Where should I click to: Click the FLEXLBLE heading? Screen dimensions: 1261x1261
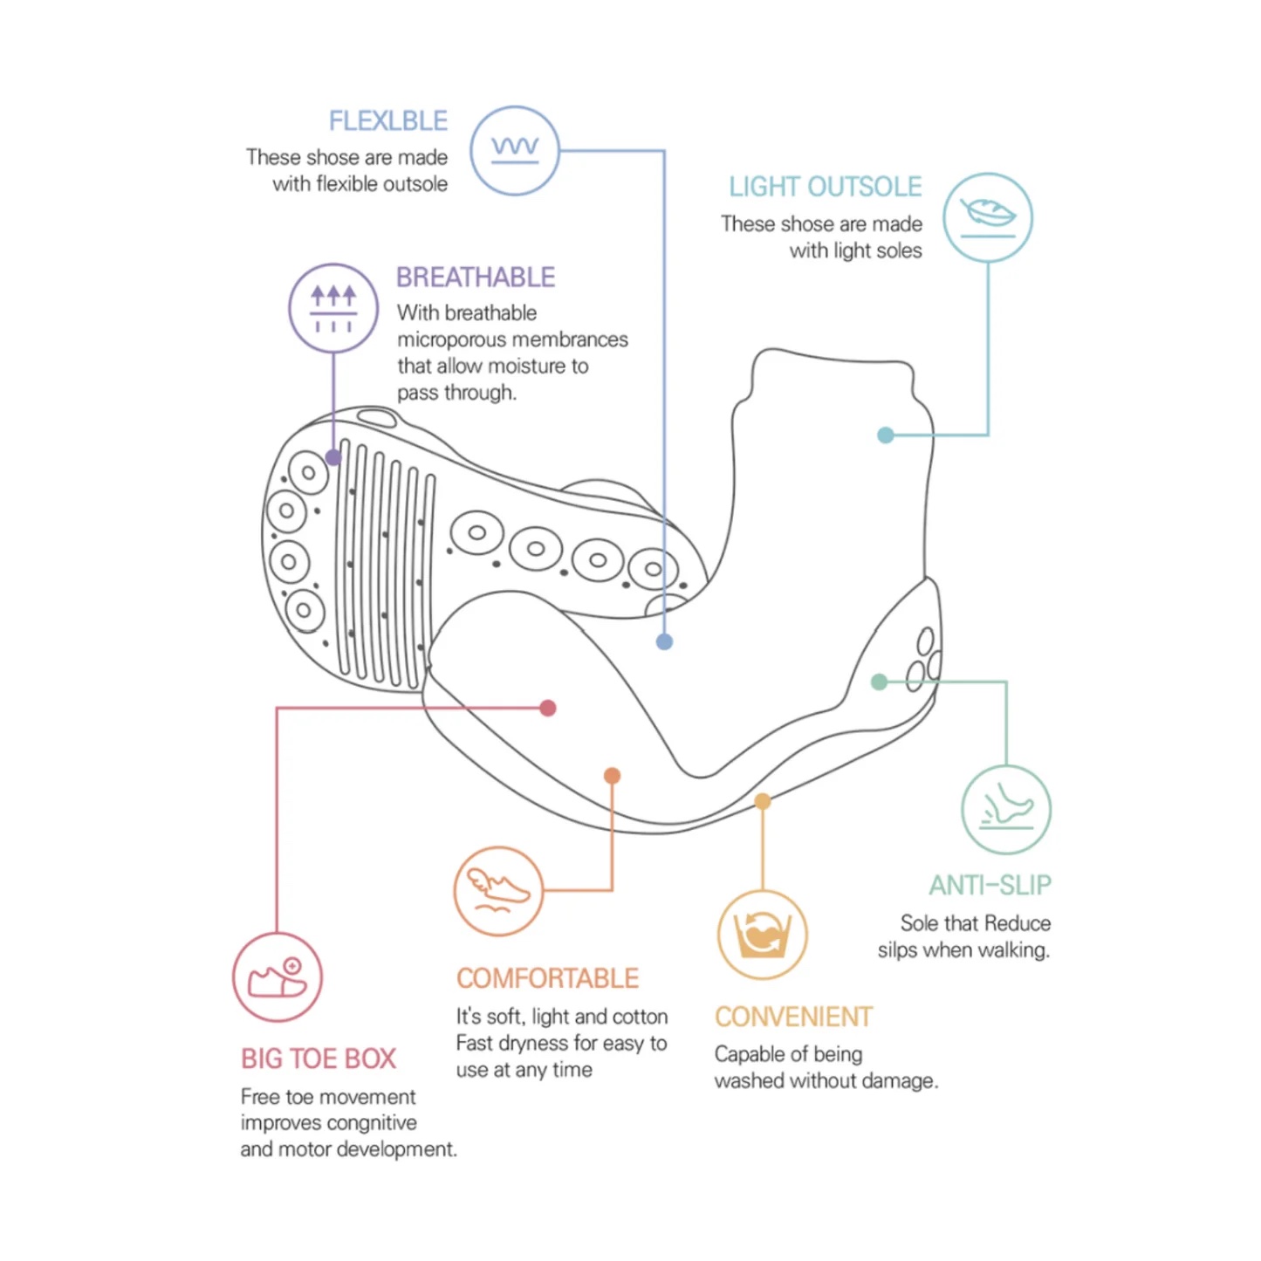click(387, 120)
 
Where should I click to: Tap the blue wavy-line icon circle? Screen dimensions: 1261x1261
click(515, 151)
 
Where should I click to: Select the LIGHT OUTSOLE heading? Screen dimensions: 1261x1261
click(825, 187)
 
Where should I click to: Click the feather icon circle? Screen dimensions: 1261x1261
click(988, 217)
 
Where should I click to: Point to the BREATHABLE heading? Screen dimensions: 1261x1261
click(476, 278)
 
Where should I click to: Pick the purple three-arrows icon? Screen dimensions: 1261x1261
click(333, 308)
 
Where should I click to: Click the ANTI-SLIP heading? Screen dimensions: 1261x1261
click(990, 886)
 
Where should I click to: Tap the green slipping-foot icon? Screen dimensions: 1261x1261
click(1006, 810)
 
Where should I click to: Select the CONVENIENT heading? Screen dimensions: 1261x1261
click(793, 1017)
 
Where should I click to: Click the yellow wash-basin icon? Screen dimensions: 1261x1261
click(763, 935)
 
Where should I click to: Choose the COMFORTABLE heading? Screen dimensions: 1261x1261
click(547, 978)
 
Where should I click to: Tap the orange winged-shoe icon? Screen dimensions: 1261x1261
click(498, 891)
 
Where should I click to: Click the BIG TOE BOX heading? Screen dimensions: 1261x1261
click(319, 1059)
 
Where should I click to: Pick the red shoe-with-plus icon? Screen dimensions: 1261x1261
click(278, 977)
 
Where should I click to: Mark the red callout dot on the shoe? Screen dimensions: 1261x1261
click(548, 708)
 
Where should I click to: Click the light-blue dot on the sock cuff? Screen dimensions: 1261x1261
click(886, 435)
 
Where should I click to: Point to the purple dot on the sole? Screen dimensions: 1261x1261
click(332, 457)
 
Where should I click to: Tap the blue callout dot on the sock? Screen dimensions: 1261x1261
click(664, 642)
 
